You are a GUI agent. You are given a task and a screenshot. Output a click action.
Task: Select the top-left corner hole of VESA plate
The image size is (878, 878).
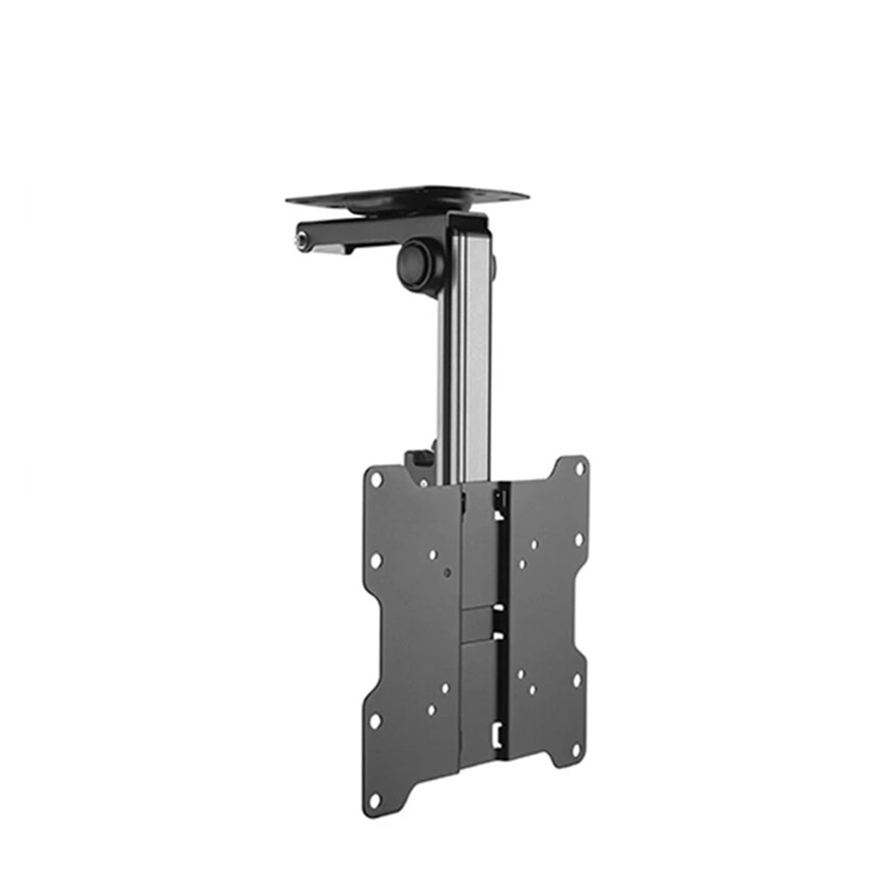click(x=376, y=478)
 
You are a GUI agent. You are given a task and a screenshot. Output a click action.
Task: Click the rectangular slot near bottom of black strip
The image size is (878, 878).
click(x=498, y=732)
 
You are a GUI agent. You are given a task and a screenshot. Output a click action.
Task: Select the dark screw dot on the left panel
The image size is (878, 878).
click(x=448, y=572)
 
